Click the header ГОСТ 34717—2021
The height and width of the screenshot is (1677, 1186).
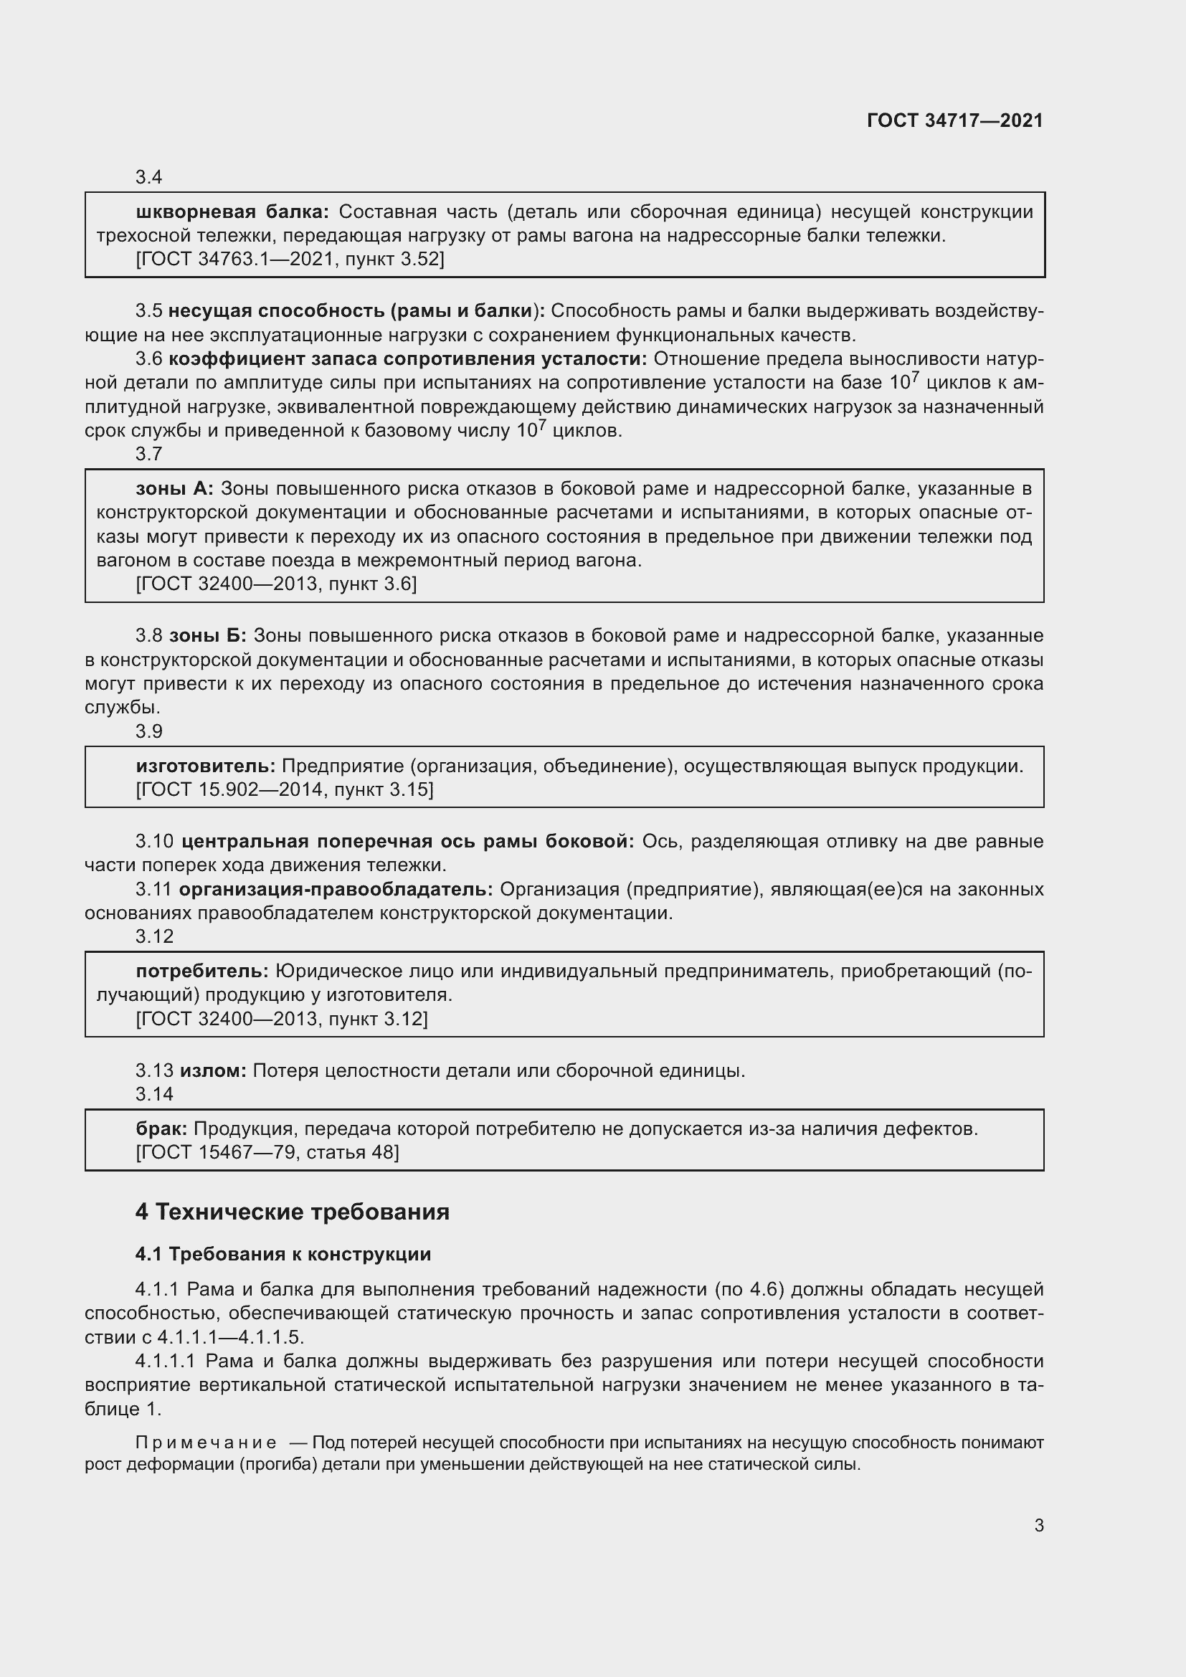point(954,120)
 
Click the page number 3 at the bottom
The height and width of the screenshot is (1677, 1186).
point(1038,1525)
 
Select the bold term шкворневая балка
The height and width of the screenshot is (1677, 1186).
point(232,212)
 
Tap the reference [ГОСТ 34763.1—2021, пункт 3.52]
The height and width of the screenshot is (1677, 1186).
point(290,259)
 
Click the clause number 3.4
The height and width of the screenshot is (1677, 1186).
point(148,178)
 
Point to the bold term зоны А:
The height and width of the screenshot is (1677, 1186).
point(174,489)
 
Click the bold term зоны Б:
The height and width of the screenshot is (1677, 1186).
point(207,635)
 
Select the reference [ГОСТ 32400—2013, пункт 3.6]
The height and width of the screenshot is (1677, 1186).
point(276,584)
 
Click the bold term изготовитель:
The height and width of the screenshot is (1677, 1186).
point(205,766)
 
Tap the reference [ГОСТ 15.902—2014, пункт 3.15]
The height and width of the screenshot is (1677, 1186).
point(284,789)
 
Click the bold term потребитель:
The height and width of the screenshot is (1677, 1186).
point(202,971)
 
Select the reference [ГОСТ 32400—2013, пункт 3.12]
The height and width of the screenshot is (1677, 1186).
point(281,1018)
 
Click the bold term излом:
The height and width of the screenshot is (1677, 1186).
point(213,1070)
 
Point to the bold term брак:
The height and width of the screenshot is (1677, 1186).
point(161,1129)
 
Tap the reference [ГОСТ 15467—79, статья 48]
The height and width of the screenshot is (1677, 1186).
point(267,1152)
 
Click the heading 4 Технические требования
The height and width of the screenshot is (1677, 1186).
point(292,1212)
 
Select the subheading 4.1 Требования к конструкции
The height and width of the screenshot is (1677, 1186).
point(283,1254)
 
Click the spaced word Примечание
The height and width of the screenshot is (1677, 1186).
point(205,1443)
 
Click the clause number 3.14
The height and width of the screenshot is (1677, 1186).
point(154,1094)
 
